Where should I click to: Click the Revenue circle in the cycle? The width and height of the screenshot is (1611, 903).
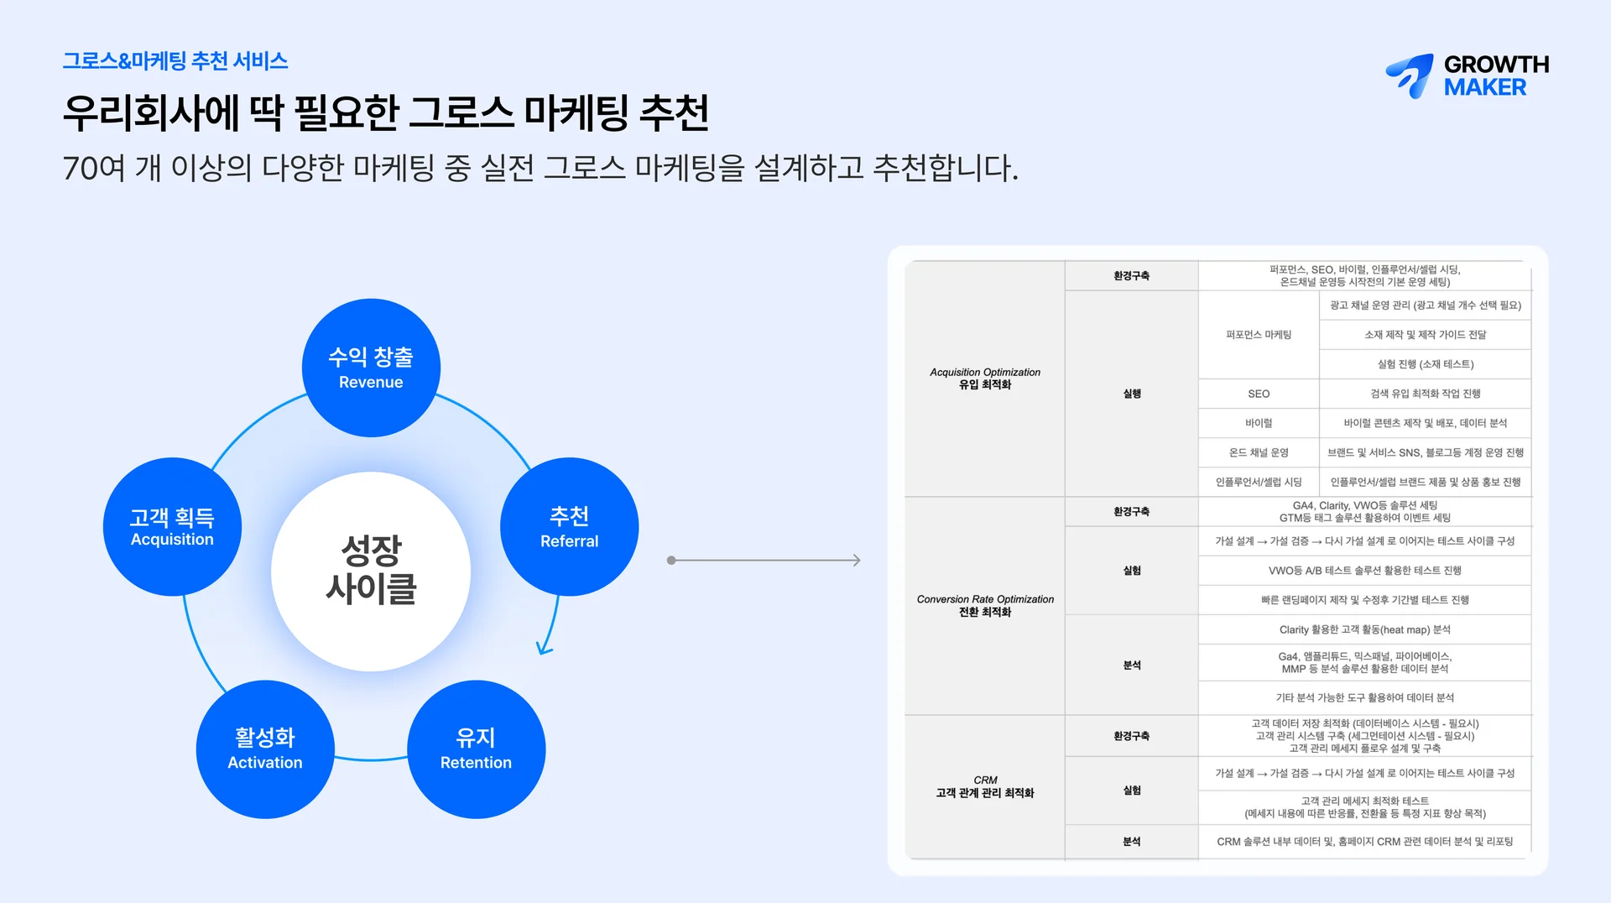371,368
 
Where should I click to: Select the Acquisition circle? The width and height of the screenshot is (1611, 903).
172,527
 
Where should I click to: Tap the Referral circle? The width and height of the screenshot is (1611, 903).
569,527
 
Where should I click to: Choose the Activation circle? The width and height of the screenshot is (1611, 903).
265,749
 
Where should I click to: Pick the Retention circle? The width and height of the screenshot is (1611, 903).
476,749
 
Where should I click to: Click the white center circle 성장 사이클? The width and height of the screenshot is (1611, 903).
371,571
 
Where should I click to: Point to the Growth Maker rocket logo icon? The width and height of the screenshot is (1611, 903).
1410,76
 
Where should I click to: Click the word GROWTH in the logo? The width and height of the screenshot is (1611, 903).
1496,65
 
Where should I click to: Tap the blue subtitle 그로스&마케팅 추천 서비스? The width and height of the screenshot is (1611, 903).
175,61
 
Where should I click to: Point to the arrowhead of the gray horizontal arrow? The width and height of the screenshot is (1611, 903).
857,560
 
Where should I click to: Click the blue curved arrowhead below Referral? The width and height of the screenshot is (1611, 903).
545,648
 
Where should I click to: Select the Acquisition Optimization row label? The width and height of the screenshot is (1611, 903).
985,378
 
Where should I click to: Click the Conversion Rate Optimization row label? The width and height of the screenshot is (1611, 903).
985,606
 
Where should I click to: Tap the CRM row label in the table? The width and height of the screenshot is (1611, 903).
985,786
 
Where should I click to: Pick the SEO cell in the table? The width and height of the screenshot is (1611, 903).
1259,394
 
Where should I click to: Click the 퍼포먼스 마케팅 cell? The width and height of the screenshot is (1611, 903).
1259,335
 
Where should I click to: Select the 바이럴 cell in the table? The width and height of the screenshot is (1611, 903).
1259,423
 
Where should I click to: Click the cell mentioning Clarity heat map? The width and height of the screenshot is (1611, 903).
1364,629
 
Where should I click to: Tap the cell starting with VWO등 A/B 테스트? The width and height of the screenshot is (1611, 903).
1364,571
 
